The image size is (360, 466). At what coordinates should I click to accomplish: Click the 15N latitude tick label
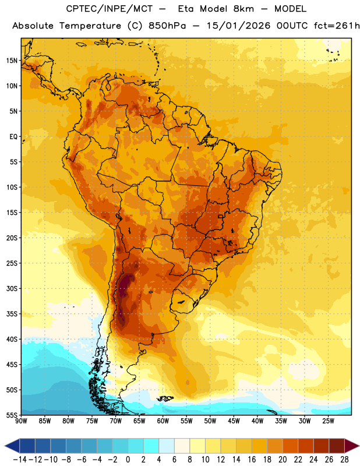coord(12,61)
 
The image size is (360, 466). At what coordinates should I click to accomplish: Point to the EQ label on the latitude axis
coord(13,137)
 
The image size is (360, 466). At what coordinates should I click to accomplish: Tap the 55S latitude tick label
coord(12,415)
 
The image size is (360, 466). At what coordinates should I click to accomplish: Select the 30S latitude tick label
coord(12,288)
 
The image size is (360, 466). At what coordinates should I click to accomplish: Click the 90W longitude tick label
coord(21,421)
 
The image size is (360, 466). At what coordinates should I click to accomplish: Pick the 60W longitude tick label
coord(163,421)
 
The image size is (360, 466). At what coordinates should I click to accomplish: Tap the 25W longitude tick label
coord(328,421)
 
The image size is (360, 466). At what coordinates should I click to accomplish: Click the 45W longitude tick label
coord(234,421)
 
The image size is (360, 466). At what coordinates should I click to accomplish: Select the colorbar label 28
coord(344,460)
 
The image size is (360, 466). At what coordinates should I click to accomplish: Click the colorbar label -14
coord(20,460)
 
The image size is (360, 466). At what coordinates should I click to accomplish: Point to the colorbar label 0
coord(128,460)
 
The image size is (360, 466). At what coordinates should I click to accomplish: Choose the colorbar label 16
coord(252,460)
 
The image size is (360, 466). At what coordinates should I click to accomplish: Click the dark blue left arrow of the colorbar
coord(12,446)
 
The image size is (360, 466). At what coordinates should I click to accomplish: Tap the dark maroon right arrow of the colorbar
coord(352,446)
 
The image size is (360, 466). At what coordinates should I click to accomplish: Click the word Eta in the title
coord(186,9)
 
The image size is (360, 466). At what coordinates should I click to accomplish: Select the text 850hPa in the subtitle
coord(167,26)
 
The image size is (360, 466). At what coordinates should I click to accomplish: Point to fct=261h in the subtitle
coord(337,26)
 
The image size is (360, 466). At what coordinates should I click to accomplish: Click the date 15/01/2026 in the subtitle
coord(239,26)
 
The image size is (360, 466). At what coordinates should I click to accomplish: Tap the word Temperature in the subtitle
coord(90,26)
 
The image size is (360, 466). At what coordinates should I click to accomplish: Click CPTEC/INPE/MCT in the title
coord(110,9)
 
